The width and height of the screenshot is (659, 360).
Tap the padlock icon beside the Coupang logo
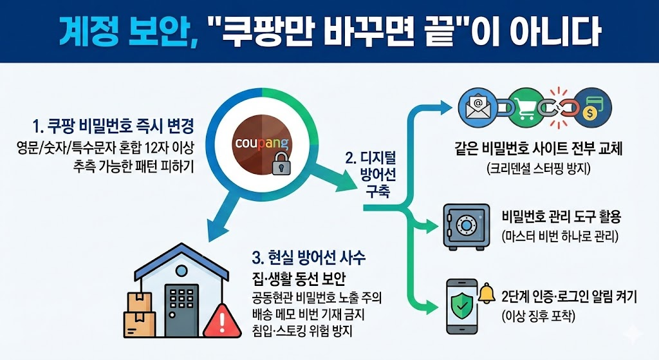(x=280, y=164)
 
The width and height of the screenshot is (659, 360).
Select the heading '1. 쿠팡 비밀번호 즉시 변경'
(x=113, y=124)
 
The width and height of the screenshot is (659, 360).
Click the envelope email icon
(x=478, y=106)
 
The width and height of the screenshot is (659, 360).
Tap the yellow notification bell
(x=486, y=293)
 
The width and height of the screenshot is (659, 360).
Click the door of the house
(x=181, y=310)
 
